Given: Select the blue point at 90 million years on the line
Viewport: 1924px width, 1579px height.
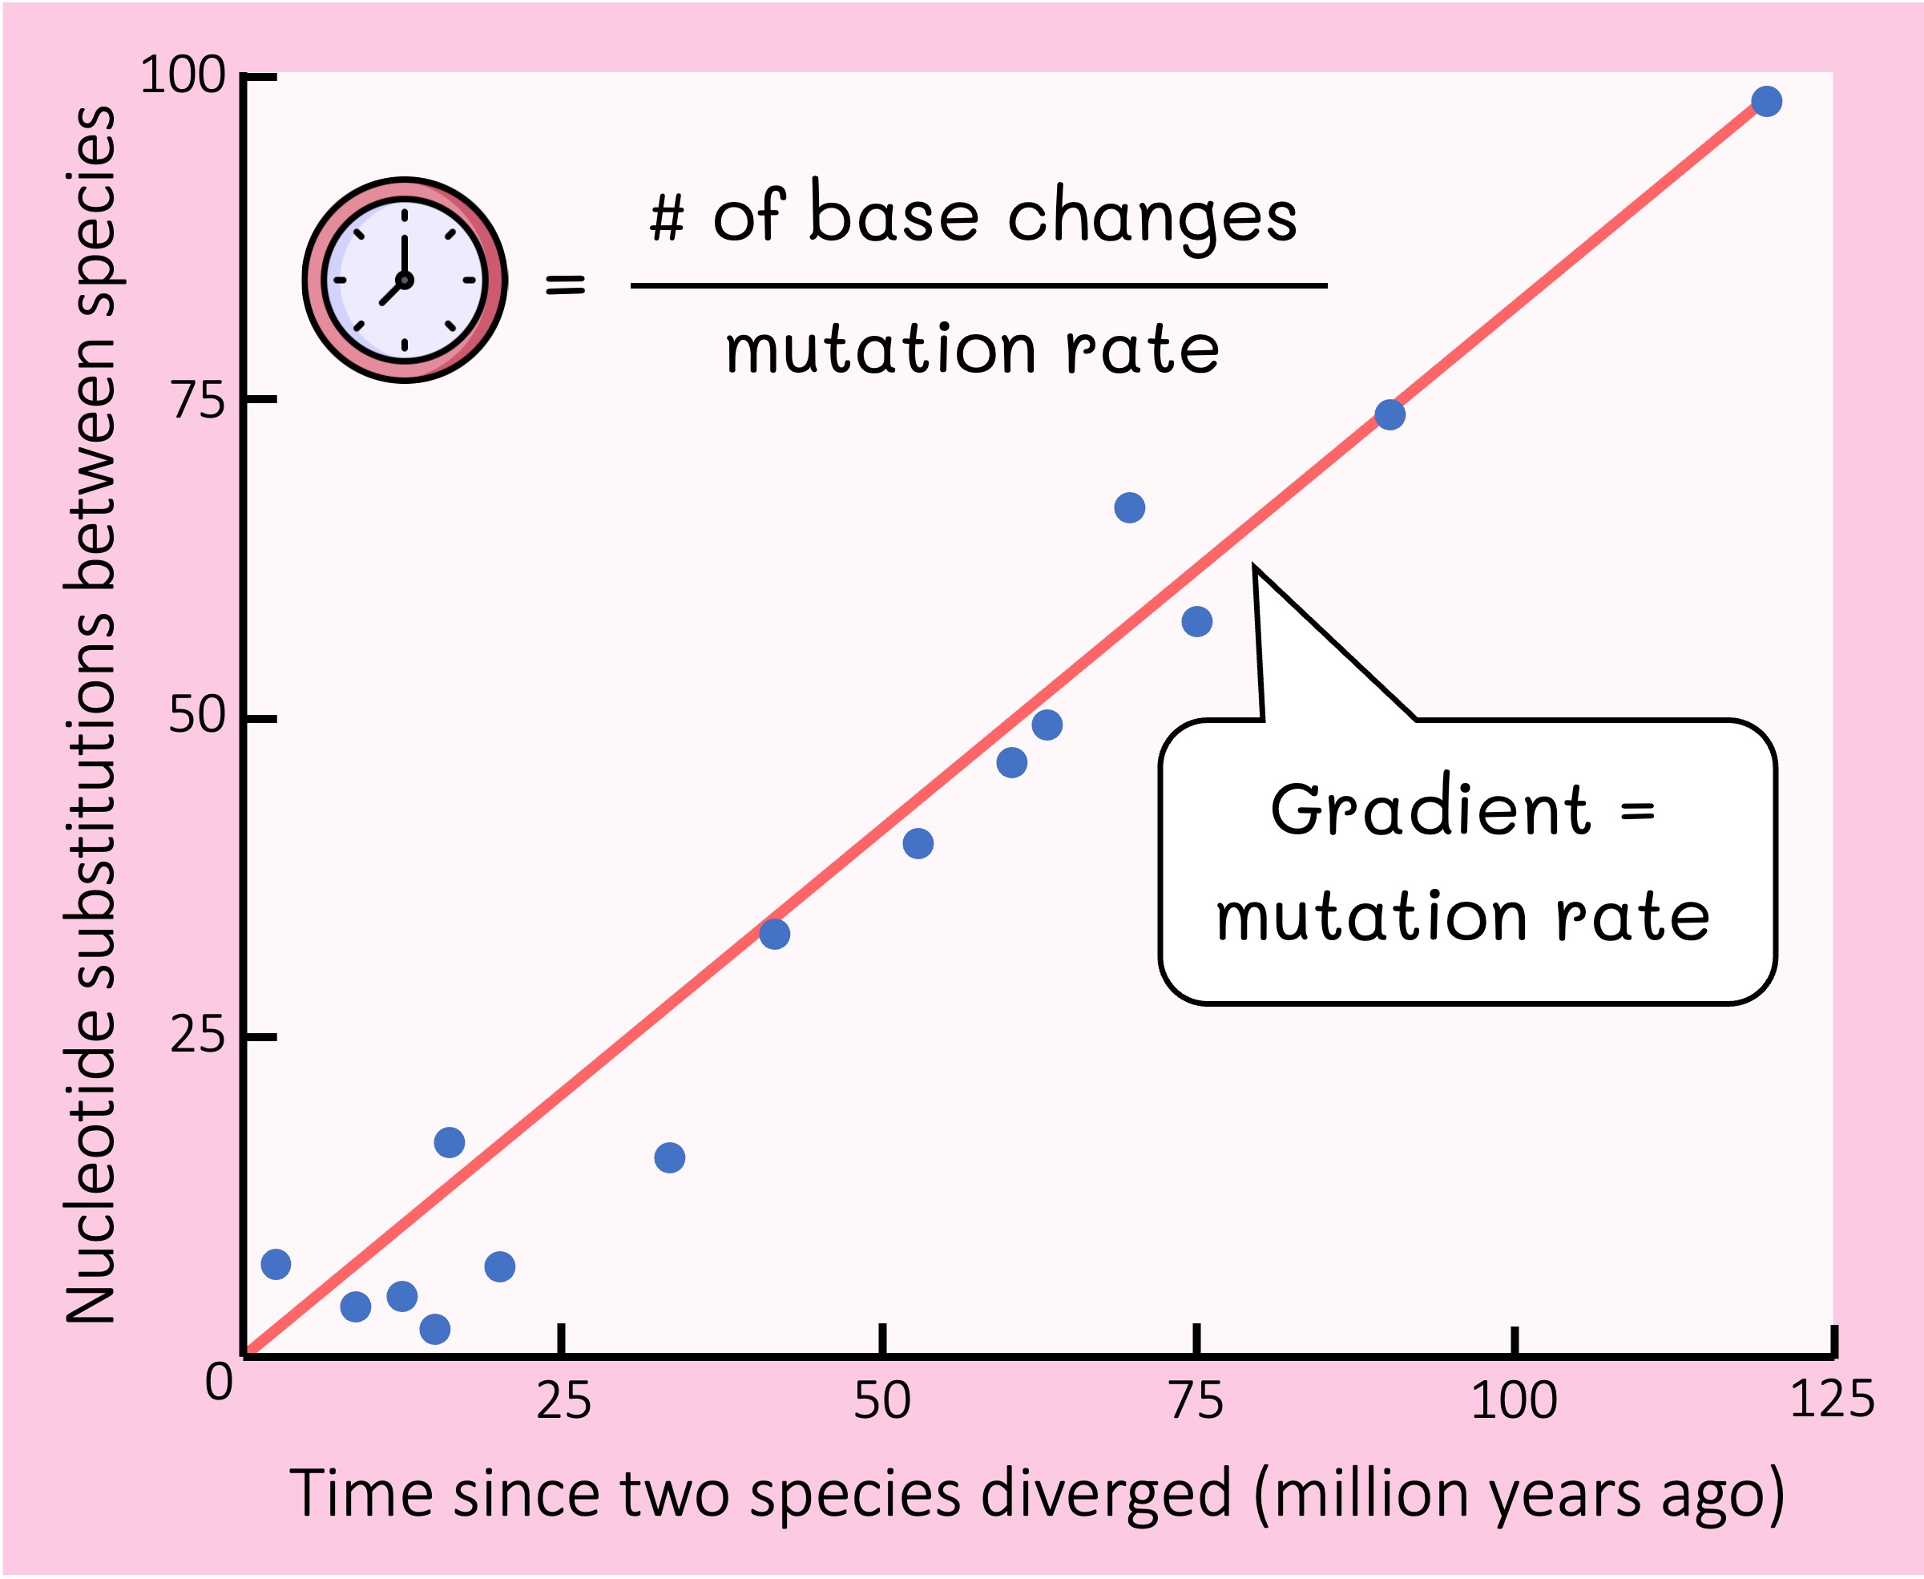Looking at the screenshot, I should [x=1389, y=414].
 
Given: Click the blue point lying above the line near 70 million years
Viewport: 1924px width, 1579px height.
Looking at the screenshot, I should [x=1128, y=507].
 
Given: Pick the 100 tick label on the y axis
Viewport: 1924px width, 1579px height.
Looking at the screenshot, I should [x=182, y=75].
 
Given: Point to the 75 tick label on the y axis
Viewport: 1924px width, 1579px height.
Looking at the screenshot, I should [x=197, y=399].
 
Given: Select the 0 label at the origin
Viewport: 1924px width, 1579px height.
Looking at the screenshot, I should [x=218, y=1382].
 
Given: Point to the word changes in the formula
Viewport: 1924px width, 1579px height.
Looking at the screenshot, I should [x=1152, y=218].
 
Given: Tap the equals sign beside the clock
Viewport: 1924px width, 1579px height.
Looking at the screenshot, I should [x=565, y=285].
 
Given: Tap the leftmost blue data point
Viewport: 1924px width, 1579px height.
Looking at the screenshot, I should [x=276, y=1263].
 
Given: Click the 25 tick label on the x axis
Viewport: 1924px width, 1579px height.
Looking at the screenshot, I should [x=563, y=1401].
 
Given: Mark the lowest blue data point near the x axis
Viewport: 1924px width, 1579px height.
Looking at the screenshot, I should [x=434, y=1329].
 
